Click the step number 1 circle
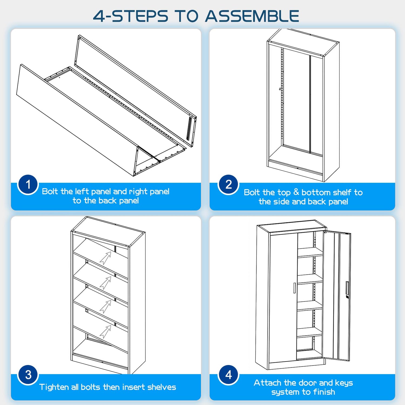point(28,185)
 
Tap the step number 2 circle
point(229,185)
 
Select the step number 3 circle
point(28,375)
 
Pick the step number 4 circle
point(229,375)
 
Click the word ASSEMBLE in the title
point(252,16)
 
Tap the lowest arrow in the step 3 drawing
point(106,332)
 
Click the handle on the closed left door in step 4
point(294,288)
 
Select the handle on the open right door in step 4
point(347,288)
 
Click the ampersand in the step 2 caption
point(296,192)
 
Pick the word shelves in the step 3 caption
point(162,387)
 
